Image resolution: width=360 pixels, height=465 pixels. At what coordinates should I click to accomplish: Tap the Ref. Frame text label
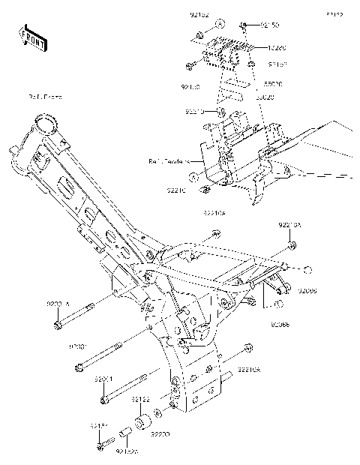click(46, 97)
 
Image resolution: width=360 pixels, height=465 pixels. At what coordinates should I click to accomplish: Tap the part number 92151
click(100, 425)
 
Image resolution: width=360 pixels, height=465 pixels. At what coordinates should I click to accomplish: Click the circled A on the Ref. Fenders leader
click(213, 177)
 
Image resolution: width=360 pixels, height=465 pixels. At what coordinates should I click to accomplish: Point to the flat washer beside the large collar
click(158, 414)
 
